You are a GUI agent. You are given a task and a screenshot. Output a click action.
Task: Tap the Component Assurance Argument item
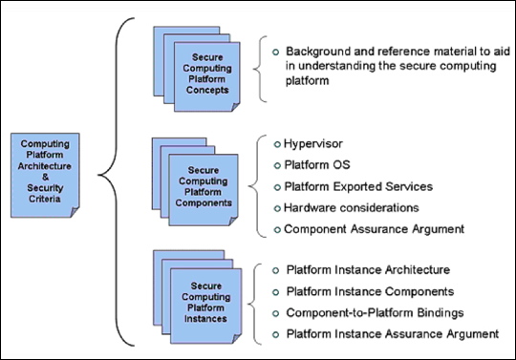pyautogui.click(x=367, y=229)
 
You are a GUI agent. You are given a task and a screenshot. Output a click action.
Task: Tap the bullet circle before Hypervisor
pyautogui.click(x=276, y=144)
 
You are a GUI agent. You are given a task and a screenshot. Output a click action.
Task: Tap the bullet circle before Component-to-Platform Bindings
pyautogui.click(x=276, y=312)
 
